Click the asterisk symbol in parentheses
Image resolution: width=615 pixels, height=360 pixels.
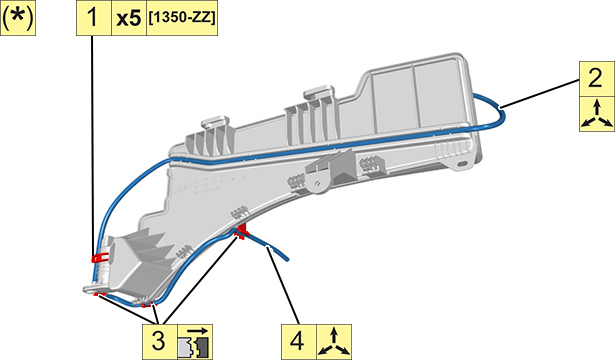[x=18, y=18]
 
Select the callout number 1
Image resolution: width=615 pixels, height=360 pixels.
[x=93, y=18]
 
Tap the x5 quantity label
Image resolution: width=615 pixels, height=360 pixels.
[x=129, y=19]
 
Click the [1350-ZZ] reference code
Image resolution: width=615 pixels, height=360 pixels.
[x=182, y=18]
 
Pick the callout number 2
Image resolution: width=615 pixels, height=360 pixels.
[x=596, y=78]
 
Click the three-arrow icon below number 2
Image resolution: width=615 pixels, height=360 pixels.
[x=597, y=114]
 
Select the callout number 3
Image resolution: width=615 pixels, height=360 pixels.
[x=158, y=340]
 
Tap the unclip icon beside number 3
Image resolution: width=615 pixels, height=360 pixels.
[x=195, y=342]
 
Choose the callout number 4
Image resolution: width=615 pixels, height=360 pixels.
[x=297, y=341]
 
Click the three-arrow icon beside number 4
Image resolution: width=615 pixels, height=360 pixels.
[x=334, y=342]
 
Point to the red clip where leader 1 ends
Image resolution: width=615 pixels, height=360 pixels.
[x=100, y=257]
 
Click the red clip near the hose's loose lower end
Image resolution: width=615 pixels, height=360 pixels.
[x=241, y=232]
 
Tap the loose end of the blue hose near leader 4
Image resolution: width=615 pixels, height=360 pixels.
[x=287, y=259]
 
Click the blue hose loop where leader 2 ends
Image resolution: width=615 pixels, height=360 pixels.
[x=500, y=108]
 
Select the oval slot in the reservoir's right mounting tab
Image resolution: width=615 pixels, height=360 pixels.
[x=462, y=164]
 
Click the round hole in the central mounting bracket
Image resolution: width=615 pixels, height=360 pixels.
[x=317, y=182]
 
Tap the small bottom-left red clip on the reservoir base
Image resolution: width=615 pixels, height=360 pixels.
[x=98, y=294]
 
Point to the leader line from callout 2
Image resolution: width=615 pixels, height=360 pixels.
[x=540, y=93]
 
